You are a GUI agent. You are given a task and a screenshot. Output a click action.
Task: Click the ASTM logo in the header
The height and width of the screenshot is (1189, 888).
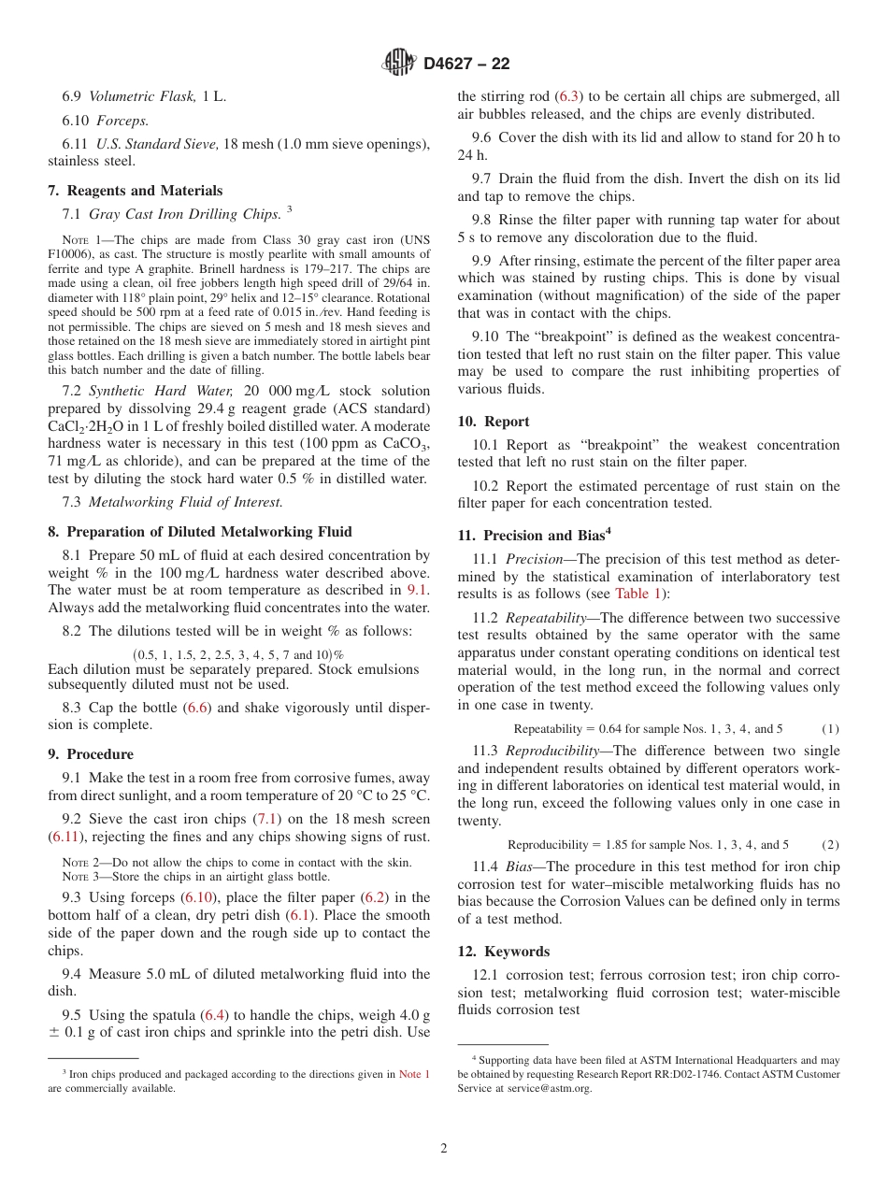(399, 63)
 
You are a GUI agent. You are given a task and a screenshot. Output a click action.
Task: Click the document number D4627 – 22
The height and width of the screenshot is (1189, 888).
(466, 64)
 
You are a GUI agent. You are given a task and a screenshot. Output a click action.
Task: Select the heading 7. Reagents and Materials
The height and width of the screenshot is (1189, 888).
(135, 190)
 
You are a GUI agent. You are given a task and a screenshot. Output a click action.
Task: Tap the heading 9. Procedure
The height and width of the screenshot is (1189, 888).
(91, 753)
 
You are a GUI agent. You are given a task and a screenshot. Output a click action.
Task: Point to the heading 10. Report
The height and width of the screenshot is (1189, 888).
(494, 421)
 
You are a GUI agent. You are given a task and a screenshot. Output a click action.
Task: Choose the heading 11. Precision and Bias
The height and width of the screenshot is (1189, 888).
(534, 535)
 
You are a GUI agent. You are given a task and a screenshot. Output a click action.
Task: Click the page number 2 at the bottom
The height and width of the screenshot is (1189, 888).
(444, 1149)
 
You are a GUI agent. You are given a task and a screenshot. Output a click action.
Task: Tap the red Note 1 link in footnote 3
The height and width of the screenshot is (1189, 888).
(414, 1075)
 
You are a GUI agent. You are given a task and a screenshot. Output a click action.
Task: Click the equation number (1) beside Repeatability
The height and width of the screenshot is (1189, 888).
(830, 728)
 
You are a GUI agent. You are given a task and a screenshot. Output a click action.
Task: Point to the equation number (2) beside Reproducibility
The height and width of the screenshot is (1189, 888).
(830, 844)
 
